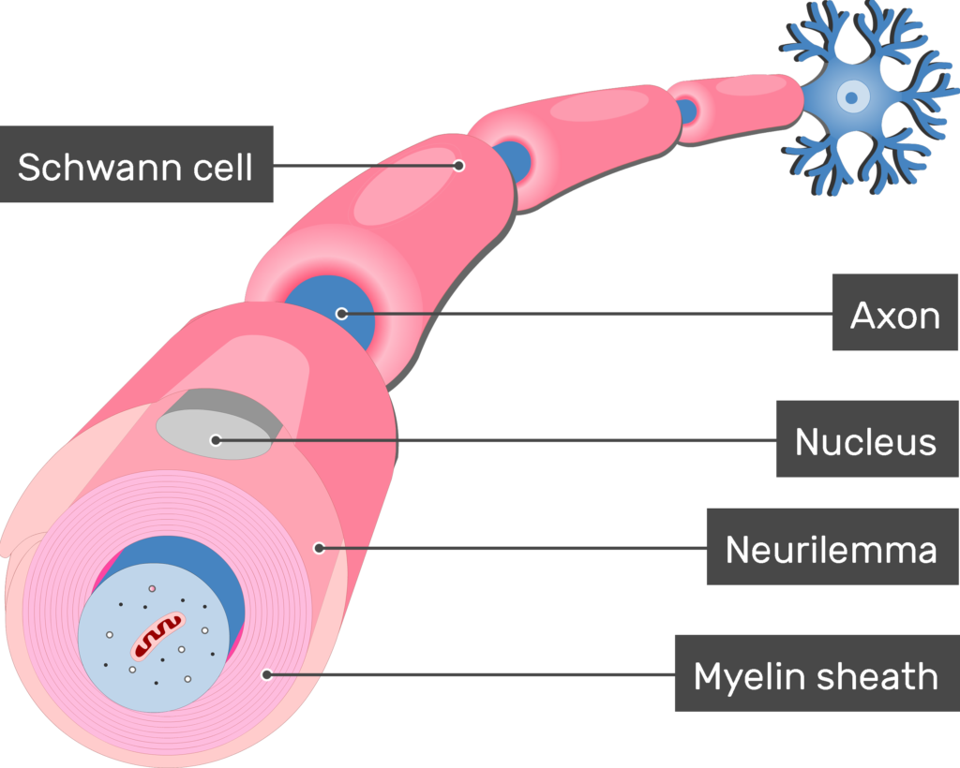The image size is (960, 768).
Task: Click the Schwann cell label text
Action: click(135, 168)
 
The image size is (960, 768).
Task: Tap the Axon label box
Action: click(894, 317)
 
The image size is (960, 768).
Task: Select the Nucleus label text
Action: click(865, 441)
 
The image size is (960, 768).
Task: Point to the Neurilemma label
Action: click(831, 550)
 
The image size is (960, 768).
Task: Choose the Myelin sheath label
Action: click(815, 675)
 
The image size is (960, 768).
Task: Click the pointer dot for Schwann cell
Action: click(459, 166)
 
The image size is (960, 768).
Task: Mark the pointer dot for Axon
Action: click(341, 314)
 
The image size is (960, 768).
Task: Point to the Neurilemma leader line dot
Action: click(319, 548)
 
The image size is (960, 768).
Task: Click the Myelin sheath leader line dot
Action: click(267, 673)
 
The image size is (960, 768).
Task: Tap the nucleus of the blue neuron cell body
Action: click(851, 95)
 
